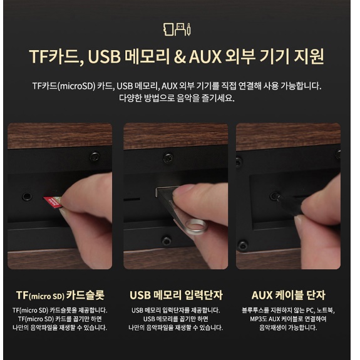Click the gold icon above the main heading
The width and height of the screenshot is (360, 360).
pyautogui.click(x=180, y=29)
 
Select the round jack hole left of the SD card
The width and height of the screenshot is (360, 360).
pyautogui.click(x=26, y=197)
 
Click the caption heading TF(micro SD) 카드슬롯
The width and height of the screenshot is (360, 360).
pyautogui.click(x=59, y=295)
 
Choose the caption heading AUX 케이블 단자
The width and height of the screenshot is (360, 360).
pyautogui.click(x=288, y=295)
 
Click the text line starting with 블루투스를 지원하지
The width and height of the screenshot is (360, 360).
pyautogui.click(x=288, y=310)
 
